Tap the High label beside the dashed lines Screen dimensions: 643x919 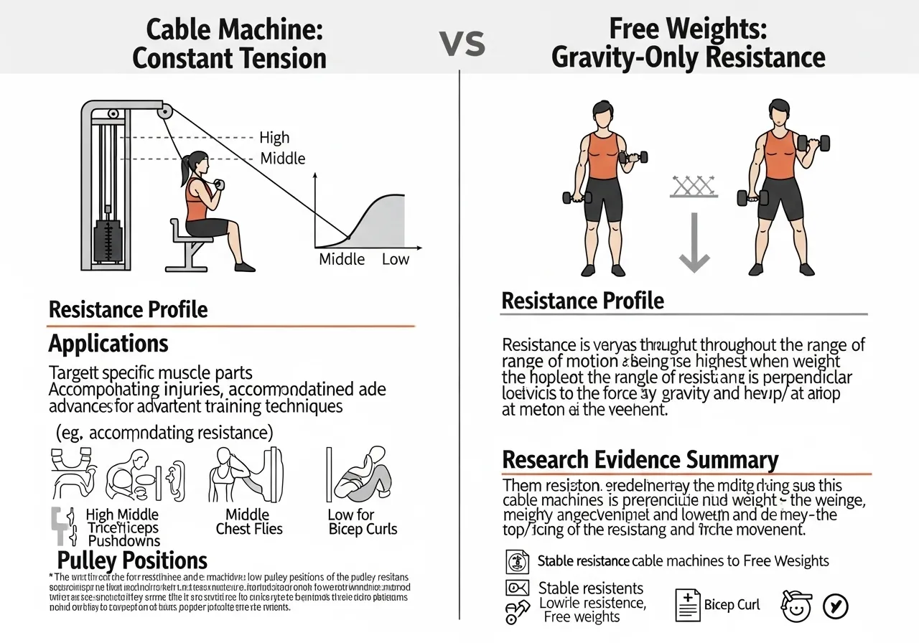[274, 137]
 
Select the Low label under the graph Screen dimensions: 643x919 [395, 259]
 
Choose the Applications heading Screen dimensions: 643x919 [108, 344]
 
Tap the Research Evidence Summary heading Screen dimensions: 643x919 [640, 459]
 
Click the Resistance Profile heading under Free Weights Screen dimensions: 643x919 [582, 301]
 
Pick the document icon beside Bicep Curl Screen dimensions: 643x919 [687, 605]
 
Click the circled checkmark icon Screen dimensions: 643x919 [835, 606]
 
